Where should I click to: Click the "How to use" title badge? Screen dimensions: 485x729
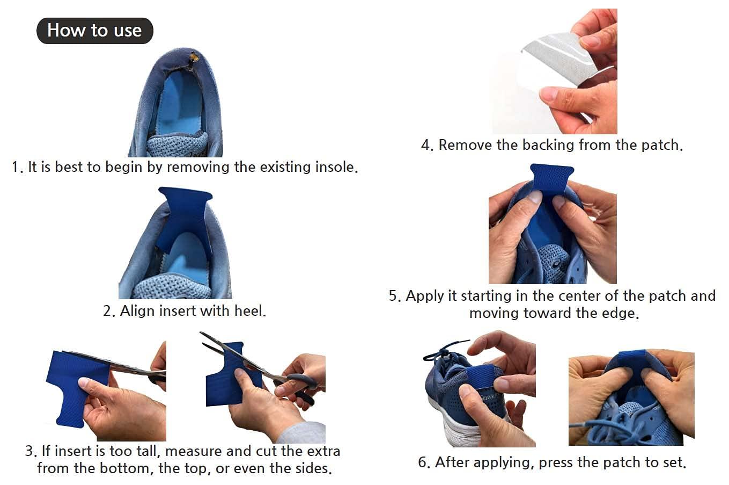coord(94,31)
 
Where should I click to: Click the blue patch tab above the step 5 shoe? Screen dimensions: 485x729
coord(553,177)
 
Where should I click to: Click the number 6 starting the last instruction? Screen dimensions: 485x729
coord(423,462)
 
